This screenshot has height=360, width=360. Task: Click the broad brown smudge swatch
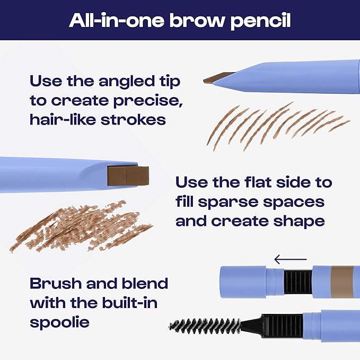80,225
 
